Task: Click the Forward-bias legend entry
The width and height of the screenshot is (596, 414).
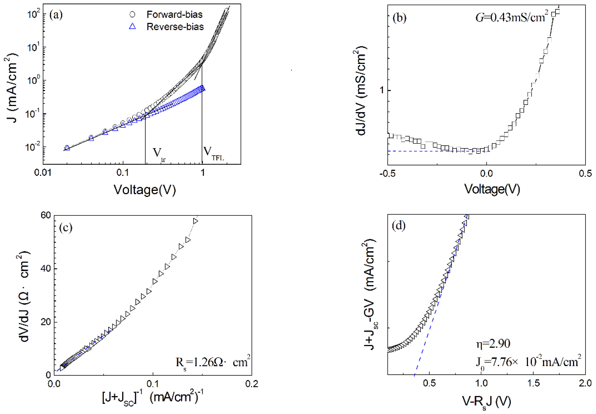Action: (174, 14)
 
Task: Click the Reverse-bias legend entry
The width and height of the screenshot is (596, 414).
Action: (175, 27)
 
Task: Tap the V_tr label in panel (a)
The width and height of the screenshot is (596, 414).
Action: (158, 154)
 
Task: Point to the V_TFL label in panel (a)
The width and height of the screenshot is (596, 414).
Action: (213, 153)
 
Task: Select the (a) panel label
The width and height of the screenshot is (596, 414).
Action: (56, 15)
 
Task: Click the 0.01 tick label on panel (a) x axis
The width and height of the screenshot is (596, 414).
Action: (43, 172)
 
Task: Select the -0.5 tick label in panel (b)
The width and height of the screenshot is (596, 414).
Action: (387, 173)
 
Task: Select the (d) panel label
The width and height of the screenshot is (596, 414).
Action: (399, 226)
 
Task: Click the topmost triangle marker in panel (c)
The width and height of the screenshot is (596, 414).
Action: (195, 221)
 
